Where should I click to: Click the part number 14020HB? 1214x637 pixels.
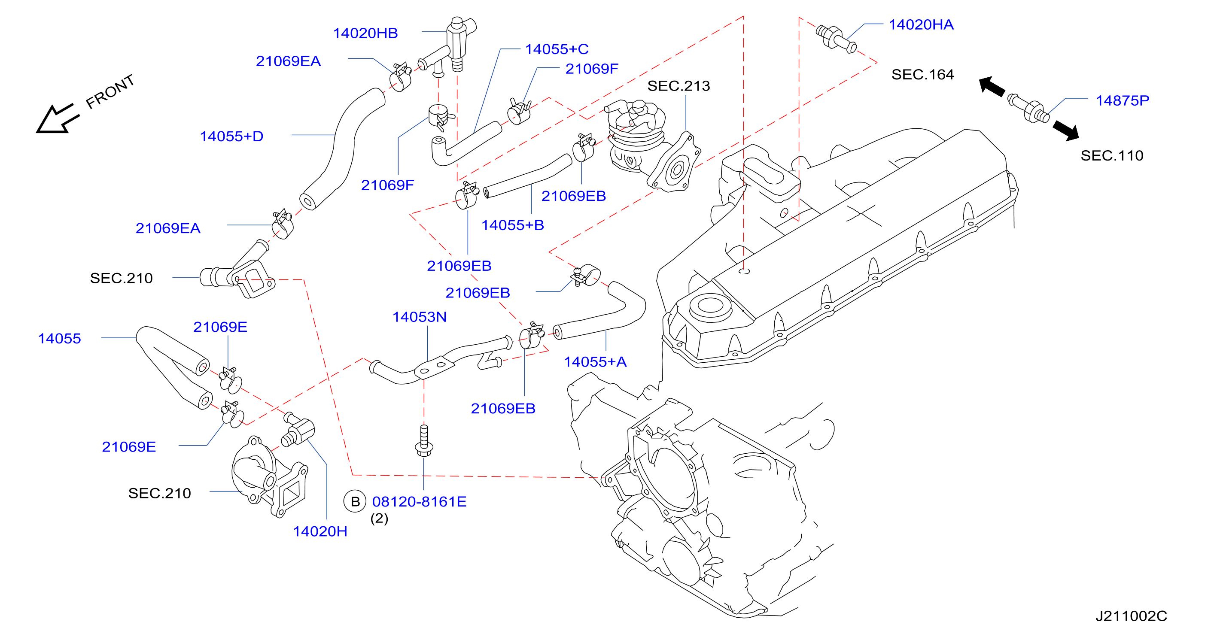365,33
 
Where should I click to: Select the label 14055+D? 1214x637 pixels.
231,136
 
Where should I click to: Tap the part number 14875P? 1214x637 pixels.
1122,101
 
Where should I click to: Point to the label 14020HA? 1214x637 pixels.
921,25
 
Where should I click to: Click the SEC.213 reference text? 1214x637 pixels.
678,86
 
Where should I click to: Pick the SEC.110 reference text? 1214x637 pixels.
1112,156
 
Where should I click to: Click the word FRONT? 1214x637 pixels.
110,91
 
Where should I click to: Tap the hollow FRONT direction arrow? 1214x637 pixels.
57,119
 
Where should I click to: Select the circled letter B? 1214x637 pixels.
355,502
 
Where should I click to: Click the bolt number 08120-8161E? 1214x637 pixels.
420,502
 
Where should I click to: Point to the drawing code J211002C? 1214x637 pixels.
1131,616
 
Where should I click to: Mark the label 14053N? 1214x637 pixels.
420,317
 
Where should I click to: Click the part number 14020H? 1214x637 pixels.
320,531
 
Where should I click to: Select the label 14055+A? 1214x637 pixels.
595,362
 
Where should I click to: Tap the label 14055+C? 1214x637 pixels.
557,49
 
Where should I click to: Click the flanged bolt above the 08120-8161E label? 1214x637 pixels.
424,440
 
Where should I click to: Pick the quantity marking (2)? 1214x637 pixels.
379,519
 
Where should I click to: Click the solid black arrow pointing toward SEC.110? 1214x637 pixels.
1066,130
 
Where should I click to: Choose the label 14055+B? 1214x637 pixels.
513,225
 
